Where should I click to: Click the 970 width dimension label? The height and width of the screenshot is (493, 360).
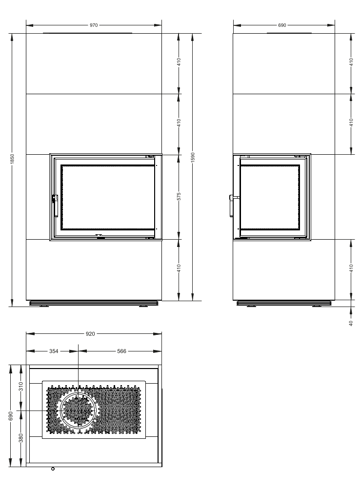coord(94,24)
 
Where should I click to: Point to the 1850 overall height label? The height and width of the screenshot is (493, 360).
coord(12,159)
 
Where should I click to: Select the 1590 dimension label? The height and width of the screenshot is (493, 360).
coord(193,157)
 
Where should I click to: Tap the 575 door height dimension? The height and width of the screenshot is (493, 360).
coord(179,197)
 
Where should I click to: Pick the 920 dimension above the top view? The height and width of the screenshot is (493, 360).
coord(91,334)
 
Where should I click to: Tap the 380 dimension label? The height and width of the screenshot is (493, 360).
coord(21,438)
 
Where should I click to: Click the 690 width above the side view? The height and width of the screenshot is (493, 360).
coord(282,24)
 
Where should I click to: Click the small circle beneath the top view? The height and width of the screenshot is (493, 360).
coord(53,469)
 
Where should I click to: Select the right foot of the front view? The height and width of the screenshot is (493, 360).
coord(143,307)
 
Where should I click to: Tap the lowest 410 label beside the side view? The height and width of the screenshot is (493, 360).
coord(351,267)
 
